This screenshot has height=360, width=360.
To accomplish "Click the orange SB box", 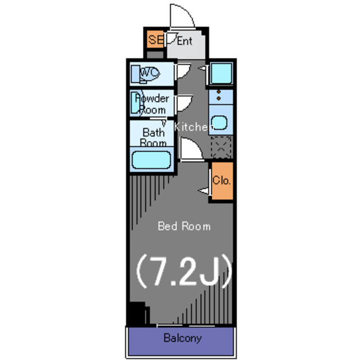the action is pos(155,39).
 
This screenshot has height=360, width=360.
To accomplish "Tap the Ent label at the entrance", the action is pos(184,41).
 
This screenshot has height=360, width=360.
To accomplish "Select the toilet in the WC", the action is pos(145,74).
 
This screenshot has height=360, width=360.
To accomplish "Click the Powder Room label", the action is pos(152,105).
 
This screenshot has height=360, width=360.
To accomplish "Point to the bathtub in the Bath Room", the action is pos(151,160).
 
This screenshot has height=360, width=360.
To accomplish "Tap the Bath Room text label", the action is pos(154,137).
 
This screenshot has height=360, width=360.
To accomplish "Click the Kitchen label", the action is pos(191,127).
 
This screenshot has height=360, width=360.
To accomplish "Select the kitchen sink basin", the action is pos(219,123).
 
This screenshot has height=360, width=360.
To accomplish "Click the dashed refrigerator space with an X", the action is pos(221,147).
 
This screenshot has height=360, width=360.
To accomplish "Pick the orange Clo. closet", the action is pos(222,181).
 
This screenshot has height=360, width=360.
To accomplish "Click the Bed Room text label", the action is pos(184,226).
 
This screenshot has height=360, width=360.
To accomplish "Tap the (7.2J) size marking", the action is pos(184,272).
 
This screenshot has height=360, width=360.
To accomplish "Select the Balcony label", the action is pos(182,338).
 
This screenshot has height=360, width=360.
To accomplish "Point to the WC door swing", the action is pos(183,71).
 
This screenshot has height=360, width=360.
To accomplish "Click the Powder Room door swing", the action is pos(184,103).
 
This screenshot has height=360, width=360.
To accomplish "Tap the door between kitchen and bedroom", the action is pos(191,148).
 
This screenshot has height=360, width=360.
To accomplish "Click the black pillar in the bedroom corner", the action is pos(137,313).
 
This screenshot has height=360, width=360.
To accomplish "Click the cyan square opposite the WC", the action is pos(221,73).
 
